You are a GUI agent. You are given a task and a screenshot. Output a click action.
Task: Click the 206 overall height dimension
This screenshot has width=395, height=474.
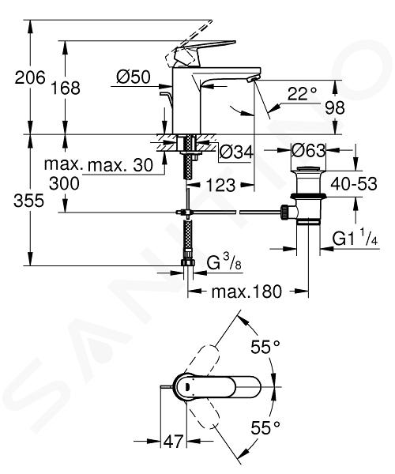[30, 77]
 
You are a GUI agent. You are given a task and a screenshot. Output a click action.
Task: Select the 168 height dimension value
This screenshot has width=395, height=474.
[66, 88]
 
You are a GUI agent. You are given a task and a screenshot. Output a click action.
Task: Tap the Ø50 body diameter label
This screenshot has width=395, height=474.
[134, 77]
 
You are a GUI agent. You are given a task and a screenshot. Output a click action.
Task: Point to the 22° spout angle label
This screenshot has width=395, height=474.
[302, 94]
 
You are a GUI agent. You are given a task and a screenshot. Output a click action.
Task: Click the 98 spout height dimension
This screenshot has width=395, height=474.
[334, 107]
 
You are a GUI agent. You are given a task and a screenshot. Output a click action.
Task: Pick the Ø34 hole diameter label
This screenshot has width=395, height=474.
[236, 152]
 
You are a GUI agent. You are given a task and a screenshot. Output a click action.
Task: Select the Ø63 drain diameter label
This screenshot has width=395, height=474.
[308, 150]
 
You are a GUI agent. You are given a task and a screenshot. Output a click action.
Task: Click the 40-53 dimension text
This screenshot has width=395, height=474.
[354, 183]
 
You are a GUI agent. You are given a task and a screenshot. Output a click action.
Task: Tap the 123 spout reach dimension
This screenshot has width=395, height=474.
[220, 185]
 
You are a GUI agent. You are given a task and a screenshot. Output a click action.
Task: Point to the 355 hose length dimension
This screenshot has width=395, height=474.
[29, 200]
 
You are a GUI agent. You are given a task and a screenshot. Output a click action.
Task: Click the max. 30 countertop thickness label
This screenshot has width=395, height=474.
[120, 165]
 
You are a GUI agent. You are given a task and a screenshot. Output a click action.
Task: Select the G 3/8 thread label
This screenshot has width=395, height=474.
[224, 263]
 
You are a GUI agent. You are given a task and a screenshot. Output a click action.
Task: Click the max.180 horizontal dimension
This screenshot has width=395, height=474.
[246, 292]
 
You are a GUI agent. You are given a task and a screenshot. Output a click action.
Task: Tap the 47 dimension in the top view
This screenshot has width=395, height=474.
[174, 442]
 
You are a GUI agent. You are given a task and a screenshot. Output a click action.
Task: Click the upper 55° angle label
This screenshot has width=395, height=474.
[265, 347]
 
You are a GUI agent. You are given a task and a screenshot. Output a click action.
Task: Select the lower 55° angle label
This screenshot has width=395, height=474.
[265, 427]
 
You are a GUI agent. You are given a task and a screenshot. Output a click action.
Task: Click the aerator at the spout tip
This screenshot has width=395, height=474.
[252, 79]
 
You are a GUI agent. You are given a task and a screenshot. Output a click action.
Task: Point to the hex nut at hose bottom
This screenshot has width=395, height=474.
[188, 262]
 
